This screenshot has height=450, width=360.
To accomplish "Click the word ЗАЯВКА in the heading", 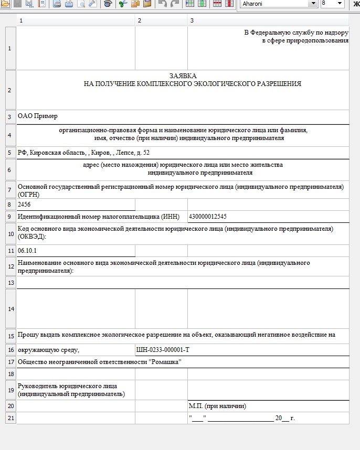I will point(183,76).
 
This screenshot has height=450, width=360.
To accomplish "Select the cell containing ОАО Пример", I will point(38,116).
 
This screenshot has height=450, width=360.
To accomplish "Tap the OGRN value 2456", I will point(25,204).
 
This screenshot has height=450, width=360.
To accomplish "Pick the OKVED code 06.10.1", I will point(27,251).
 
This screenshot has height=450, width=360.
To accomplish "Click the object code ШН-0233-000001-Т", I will point(163,350).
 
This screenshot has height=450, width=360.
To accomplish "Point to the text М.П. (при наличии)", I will point(218,406).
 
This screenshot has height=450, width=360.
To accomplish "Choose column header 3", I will point(192,20).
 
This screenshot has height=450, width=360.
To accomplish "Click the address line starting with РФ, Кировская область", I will point(83,153).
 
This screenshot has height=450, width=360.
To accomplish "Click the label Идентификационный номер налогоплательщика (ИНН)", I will point(99,217).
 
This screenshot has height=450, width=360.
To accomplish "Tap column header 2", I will point(140,20).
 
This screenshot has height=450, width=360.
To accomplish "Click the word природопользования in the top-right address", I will point(319,40).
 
